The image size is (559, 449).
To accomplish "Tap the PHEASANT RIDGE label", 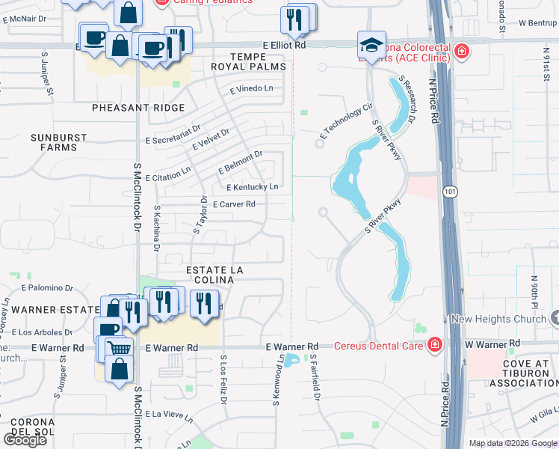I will click(138, 109).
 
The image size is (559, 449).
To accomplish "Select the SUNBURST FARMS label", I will click(54, 142).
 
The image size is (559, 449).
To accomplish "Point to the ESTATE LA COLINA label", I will click(210, 274).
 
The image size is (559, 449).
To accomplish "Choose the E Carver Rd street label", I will click(234, 204).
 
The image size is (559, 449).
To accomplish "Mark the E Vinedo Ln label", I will click(252, 88).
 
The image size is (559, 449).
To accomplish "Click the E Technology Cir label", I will click(345, 120).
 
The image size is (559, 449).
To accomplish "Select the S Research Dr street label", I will click(407, 98).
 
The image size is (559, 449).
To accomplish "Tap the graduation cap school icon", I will click(371, 44).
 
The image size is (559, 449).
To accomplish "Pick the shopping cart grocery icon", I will click(119, 348).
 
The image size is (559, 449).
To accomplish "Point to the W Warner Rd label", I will click(492, 344).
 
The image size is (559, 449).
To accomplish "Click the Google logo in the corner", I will click(25, 439).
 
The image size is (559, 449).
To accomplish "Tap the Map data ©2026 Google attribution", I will click(513, 443).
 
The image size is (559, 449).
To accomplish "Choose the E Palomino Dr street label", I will click(47, 287).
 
